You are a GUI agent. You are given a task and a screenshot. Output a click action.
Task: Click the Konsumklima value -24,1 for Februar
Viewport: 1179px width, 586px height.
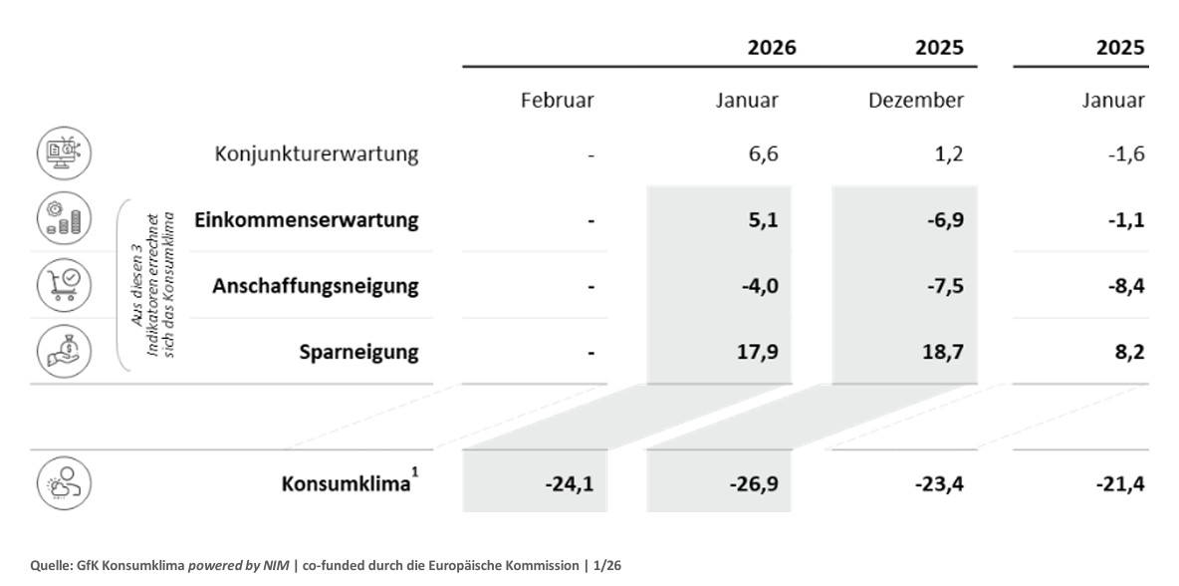click(x=570, y=485)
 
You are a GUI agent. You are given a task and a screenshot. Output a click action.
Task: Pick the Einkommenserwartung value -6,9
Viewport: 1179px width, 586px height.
click(x=941, y=220)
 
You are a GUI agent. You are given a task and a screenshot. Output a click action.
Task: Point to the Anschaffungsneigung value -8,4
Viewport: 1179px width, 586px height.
click(x=1122, y=286)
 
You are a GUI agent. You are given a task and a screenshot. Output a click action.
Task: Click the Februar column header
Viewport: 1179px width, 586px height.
click(x=558, y=101)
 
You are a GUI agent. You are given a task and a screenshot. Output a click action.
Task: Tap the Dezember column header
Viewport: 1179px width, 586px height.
click(x=917, y=101)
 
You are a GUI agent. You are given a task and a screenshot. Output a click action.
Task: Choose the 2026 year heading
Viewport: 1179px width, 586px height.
click(x=773, y=47)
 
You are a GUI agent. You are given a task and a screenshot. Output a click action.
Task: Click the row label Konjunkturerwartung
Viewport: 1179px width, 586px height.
click(x=317, y=154)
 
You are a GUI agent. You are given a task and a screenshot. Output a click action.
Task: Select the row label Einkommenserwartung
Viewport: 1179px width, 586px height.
click(x=307, y=220)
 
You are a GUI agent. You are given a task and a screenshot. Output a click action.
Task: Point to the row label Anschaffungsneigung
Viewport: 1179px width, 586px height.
click(x=316, y=286)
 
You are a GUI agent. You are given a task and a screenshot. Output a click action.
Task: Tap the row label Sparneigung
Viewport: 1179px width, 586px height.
click(x=358, y=352)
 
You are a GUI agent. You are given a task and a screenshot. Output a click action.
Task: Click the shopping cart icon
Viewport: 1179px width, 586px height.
click(x=64, y=285)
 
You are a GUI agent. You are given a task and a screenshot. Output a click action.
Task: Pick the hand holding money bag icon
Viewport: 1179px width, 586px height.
click(x=64, y=351)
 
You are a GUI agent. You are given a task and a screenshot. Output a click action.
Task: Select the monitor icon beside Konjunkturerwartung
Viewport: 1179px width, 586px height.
click(x=64, y=153)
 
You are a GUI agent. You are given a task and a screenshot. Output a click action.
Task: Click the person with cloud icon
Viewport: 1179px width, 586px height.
click(x=64, y=484)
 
